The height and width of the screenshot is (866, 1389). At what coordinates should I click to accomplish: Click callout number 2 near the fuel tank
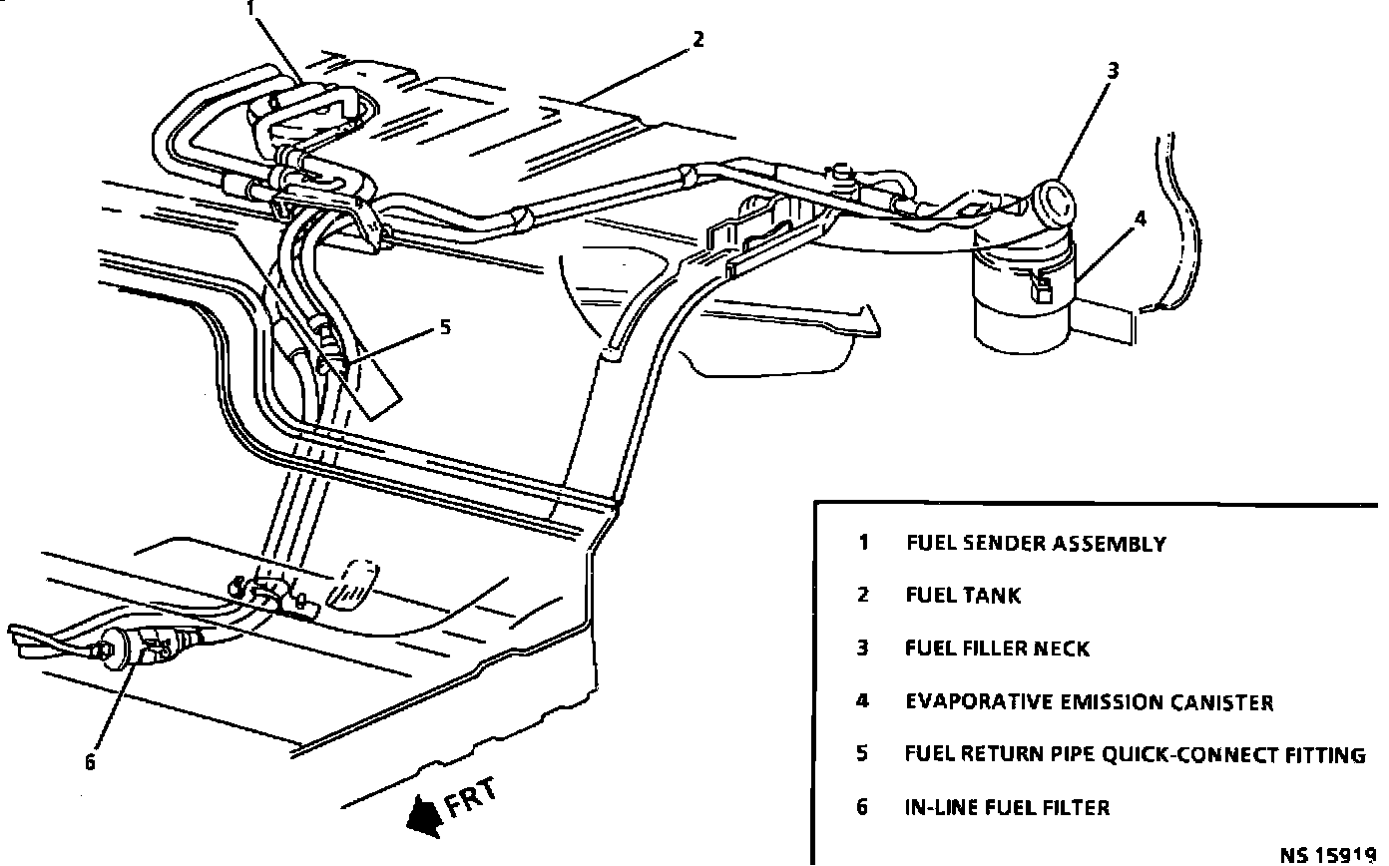[697, 39]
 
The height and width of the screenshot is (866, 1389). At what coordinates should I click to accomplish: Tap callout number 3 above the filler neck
[1113, 70]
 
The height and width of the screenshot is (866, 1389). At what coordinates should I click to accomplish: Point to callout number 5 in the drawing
[445, 326]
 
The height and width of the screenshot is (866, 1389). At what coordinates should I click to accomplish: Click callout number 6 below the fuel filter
[90, 763]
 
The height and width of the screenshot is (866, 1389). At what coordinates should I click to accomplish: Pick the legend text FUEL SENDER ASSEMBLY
[1035, 544]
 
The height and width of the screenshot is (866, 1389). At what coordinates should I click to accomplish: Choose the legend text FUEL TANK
[963, 596]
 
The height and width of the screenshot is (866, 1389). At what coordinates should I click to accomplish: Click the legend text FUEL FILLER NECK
[997, 649]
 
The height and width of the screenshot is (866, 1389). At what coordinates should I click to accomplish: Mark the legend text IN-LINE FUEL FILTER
[1007, 807]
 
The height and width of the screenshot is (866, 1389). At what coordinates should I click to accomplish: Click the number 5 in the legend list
[862, 753]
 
